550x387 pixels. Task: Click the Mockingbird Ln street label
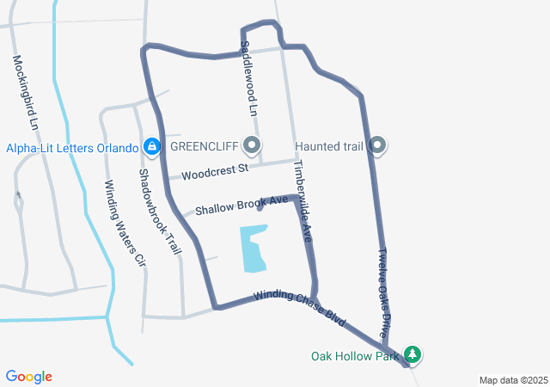click(24, 93)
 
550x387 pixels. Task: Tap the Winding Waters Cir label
click(123, 222)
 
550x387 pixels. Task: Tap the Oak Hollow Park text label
click(357, 355)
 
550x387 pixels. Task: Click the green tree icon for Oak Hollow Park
click(414, 354)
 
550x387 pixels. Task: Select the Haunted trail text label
click(329, 146)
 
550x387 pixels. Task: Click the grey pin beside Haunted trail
click(377, 146)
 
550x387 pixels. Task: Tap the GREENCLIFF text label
click(203, 145)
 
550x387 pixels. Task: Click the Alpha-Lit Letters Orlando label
click(72, 147)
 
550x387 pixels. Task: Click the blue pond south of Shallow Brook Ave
click(253, 249)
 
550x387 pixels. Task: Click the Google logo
click(29, 377)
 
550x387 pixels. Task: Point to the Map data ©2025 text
click(513, 380)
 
